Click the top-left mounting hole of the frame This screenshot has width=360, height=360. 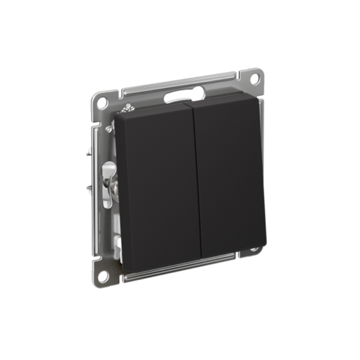point(102,98)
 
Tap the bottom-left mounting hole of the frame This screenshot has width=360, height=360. point(104,275)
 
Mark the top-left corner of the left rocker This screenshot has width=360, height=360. point(117,115)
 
